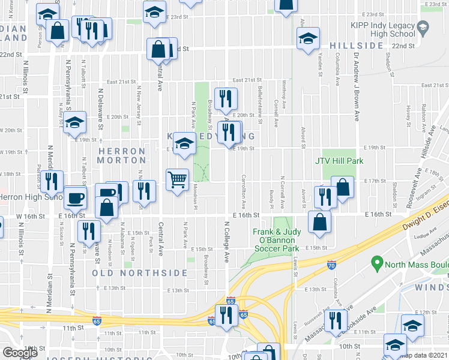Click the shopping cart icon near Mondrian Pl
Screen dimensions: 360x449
178,179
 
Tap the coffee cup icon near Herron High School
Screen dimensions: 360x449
76,197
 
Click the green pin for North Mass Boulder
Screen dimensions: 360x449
376,262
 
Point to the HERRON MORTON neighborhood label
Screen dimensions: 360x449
122,156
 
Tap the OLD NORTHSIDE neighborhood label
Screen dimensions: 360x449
140,273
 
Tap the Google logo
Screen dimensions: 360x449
20,353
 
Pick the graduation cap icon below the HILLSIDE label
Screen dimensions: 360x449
308,38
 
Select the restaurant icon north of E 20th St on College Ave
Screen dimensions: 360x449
226,98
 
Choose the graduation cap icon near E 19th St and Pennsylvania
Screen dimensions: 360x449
75,124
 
